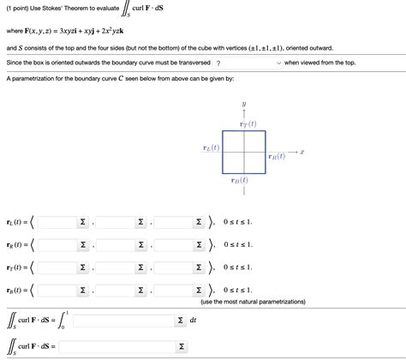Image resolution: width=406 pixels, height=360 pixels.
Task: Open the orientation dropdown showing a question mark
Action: tap(248, 63)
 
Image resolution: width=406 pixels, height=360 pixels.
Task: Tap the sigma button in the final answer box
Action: tap(180, 346)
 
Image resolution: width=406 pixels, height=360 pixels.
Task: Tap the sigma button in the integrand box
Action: tap(180, 320)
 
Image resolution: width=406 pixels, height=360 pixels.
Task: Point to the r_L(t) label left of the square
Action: tap(210, 147)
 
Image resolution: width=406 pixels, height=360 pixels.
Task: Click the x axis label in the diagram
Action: tap(302, 152)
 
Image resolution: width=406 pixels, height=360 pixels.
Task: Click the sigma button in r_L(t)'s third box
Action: tap(199, 222)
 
